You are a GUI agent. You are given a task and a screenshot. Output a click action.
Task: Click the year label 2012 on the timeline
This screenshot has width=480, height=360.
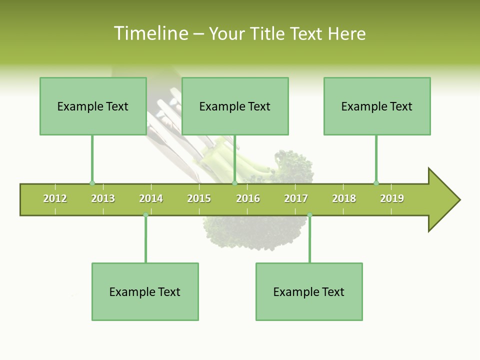(55, 198)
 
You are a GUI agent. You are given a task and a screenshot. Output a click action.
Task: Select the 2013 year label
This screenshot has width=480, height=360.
(103, 198)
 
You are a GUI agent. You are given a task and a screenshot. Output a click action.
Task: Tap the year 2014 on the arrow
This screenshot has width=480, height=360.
(151, 198)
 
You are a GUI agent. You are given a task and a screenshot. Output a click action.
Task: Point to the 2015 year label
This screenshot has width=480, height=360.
(199, 198)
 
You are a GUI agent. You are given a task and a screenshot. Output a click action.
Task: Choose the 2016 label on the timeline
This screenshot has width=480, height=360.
(248, 198)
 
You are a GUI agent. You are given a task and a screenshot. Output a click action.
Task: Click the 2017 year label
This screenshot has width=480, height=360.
(296, 198)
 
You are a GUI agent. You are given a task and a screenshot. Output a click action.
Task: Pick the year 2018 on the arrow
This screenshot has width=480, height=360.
(344, 198)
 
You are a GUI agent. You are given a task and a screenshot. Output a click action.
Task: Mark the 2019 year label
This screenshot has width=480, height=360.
(392, 198)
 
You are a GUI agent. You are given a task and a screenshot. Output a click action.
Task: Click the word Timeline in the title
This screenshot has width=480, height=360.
(150, 33)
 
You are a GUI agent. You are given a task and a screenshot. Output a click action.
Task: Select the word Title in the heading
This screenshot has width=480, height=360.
(268, 33)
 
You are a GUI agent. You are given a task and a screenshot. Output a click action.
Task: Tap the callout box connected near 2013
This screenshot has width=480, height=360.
(93, 106)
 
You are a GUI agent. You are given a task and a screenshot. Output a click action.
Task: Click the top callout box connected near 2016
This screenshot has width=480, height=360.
(235, 106)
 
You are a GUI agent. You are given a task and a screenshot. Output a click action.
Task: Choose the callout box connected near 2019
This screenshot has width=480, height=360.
(377, 106)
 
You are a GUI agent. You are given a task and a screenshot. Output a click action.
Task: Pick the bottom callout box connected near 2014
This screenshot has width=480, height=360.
(145, 291)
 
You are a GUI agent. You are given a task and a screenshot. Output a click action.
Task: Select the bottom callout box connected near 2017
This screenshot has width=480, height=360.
(309, 291)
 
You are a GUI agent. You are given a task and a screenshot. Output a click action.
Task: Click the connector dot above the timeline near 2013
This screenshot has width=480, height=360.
(92, 183)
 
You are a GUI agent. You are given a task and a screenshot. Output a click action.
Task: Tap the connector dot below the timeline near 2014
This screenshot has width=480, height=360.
(145, 215)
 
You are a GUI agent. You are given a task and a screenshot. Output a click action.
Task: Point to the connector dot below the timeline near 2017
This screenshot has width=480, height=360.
(309, 215)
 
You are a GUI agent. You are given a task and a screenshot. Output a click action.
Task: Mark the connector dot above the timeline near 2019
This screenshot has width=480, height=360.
(376, 183)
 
